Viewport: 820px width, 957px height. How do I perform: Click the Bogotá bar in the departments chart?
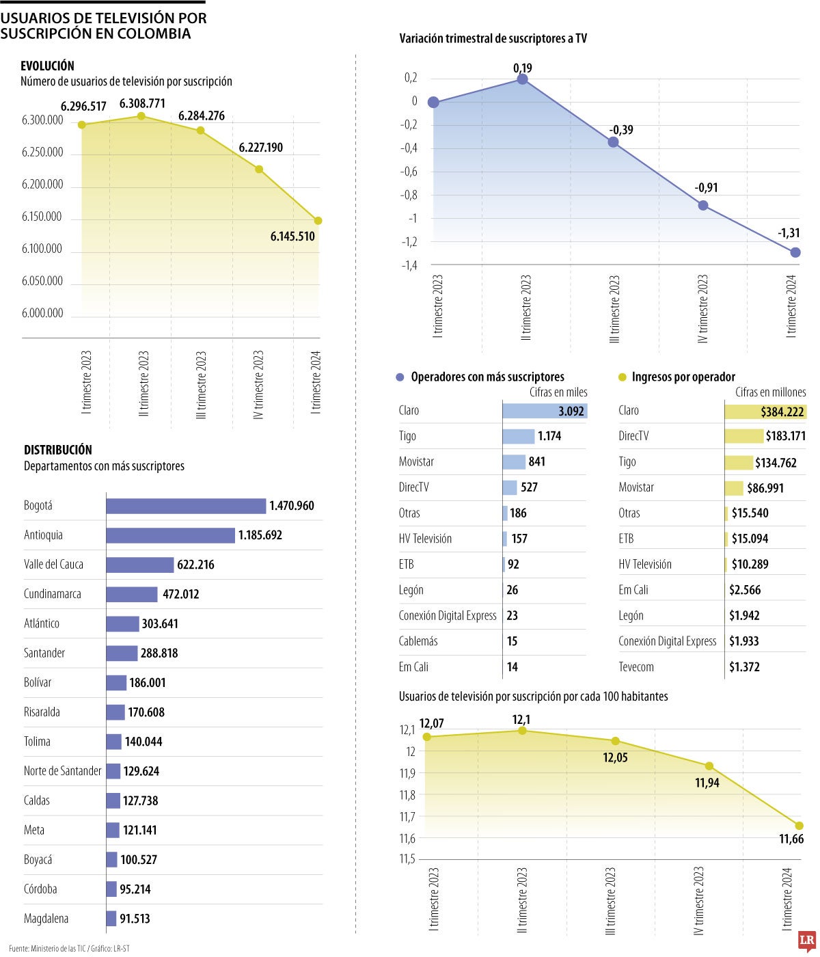click(186, 506)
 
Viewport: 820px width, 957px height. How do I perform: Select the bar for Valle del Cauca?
click(140, 565)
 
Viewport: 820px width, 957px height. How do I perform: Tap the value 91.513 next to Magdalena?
click(135, 919)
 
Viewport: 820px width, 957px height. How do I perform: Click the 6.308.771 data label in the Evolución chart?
click(142, 104)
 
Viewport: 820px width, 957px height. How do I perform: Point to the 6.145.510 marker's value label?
click(292, 237)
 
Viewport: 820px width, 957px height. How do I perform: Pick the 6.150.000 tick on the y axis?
click(42, 217)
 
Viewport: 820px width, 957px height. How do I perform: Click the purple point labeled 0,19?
click(522, 79)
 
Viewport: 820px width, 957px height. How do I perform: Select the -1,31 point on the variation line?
click(795, 252)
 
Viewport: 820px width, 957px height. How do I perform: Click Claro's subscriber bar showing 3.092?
click(545, 411)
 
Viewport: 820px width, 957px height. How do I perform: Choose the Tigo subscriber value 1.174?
click(549, 436)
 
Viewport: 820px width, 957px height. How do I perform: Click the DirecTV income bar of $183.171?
click(743, 436)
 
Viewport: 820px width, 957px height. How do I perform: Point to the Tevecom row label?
click(636, 667)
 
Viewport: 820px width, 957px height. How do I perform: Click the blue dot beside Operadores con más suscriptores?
click(400, 377)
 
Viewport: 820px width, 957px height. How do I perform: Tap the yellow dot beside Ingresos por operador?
click(622, 377)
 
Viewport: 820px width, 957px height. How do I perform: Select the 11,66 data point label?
click(791, 839)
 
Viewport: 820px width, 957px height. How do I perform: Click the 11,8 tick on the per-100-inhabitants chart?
click(407, 795)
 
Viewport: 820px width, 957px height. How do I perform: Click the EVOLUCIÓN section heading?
click(47, 66)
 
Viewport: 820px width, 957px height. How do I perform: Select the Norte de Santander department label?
click(62, 771)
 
